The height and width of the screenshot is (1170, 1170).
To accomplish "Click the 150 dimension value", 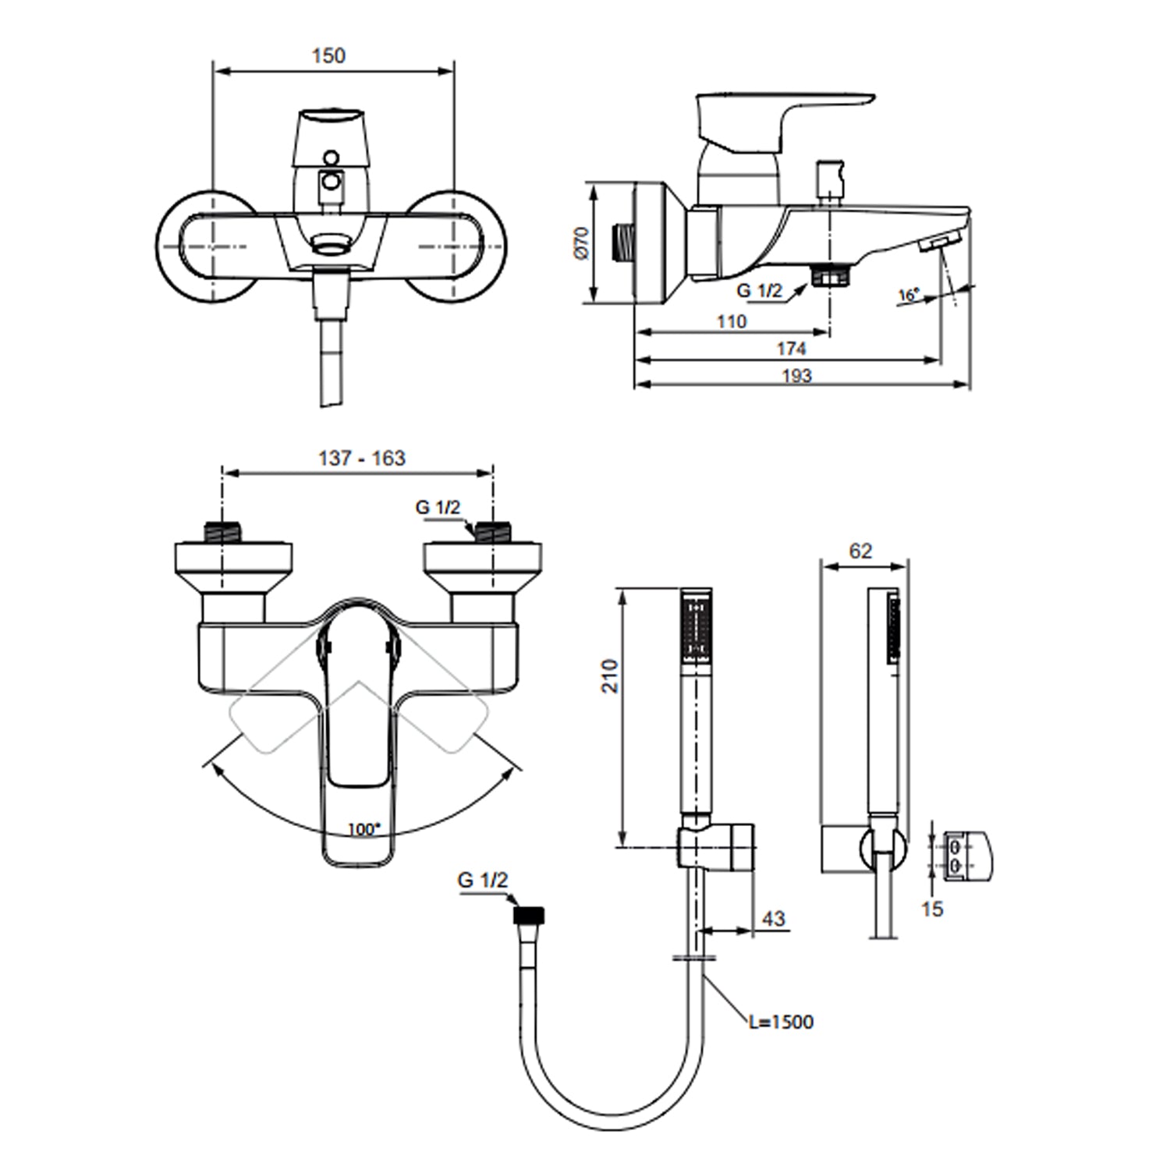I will click(328, 56).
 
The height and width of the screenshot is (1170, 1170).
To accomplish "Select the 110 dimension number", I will click(730, 321).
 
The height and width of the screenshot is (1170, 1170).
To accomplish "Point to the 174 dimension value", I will click(791, 348).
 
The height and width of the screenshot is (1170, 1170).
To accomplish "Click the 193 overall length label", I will click(796, 375).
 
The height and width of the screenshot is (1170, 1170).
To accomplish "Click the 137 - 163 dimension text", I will click(361, 458).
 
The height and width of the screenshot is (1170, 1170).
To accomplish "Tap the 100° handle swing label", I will click(362, 829).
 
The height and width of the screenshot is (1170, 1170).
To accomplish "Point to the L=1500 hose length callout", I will click(781, 1021).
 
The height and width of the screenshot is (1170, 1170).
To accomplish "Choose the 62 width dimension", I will click(860, 551).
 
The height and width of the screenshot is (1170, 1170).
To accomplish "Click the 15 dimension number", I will click(932, 909).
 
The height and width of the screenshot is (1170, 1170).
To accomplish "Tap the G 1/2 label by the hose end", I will click(483, 880).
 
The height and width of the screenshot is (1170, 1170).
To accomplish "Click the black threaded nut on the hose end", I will click(530, 915).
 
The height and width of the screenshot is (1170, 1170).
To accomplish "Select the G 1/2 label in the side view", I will click(759, 290).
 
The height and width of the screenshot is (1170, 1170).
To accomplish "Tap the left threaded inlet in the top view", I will click(221, 533).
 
